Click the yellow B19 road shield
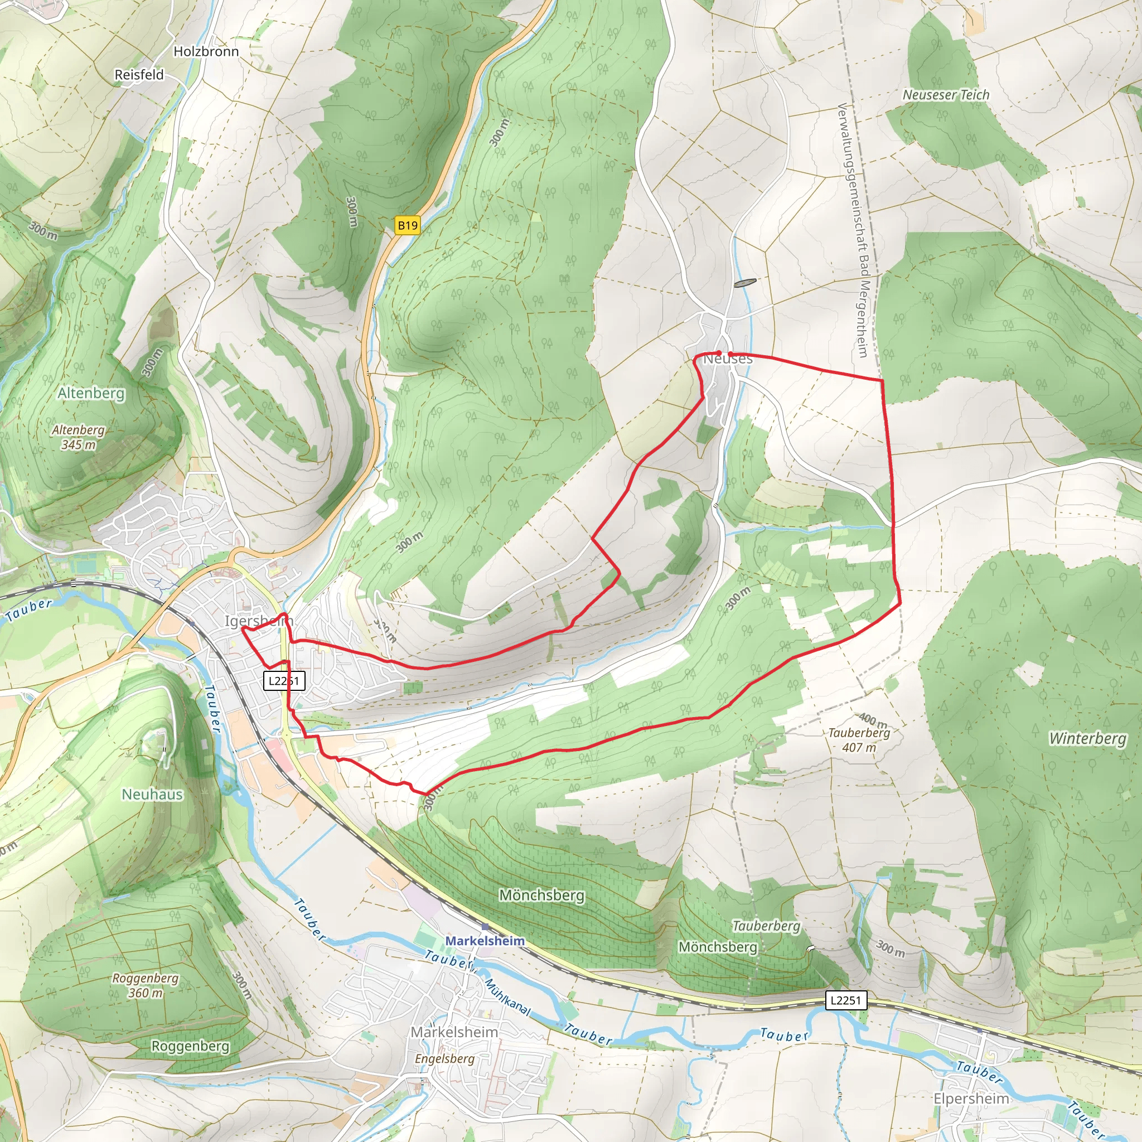click(x=407, y=225)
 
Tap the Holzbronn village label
click(x=206, y=51)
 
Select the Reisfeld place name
click(x=139, y=75)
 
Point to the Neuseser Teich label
click(x=946, y=95)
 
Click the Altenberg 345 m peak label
click(x=78, y=437)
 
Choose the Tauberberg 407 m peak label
click(x=859, y=740)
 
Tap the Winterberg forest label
click(x=1087, y=738)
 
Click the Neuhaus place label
click(x=152, y=795)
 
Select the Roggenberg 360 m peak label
click(x=146, y=985)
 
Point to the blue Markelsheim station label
click(x=485, y=941)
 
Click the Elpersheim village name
click(x=971, y=1099)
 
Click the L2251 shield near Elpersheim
click(x=845, y=1000)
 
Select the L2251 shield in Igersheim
click(x=284, y=681)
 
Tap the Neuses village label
click(x=728, y=359)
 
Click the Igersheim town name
click(x=258, y=621)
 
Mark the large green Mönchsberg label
click(x=541, y=896)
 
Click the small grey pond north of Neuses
click(x=744, y=283)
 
